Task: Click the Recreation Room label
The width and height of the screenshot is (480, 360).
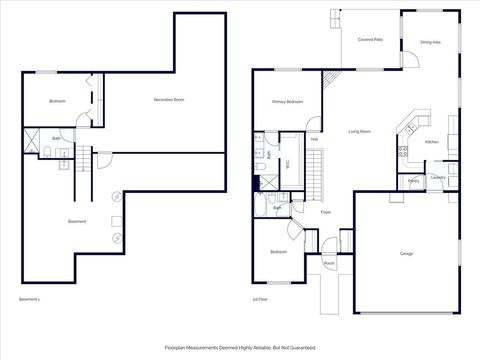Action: [x=170, y=100]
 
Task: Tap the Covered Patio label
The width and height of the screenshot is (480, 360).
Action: [x=370, y=39]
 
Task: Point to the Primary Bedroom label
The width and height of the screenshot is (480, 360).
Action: [x=287, y=102]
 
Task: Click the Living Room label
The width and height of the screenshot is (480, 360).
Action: [x=360, y=131]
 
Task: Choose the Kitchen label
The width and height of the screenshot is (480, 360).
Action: [x=432, y=142]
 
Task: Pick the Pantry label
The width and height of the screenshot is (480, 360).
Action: [x=413, y=181]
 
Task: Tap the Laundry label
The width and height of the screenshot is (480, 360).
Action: [x=438, y=178]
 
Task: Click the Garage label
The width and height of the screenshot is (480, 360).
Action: [x=407, y=254]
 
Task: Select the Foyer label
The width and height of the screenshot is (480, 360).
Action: [x=326, y=213]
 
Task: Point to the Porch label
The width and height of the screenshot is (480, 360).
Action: [x=329, y=264]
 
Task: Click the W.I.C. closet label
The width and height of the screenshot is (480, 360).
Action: [x=288, y=164]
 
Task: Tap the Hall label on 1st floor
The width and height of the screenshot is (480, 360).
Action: [x=314, y=139]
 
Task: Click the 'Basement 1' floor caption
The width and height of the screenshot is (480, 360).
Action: [x=31, y=299]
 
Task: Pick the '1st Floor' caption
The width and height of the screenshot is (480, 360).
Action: [x=262, y=299]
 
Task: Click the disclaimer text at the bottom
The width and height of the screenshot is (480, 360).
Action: [x=240, y=347]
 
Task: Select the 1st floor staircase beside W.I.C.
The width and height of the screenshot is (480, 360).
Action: [x=315, y=172]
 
